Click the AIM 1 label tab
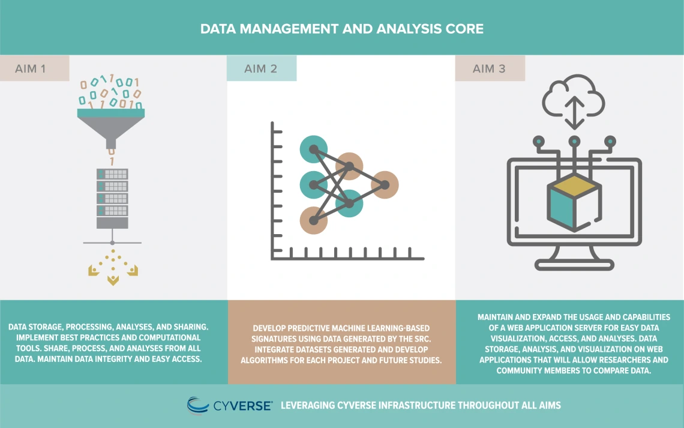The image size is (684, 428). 34,68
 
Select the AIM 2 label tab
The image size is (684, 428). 261,68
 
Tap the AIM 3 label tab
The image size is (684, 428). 490,68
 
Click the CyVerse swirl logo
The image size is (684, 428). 197,405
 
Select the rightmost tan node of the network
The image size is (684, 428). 385,185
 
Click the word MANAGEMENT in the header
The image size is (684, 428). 289,29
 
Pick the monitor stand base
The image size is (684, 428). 574,264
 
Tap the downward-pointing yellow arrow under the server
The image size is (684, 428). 113,280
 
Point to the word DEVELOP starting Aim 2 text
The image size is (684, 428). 269,328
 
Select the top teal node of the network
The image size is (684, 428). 314,149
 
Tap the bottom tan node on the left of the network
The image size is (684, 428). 314,220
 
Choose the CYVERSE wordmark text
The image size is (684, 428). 242,406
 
